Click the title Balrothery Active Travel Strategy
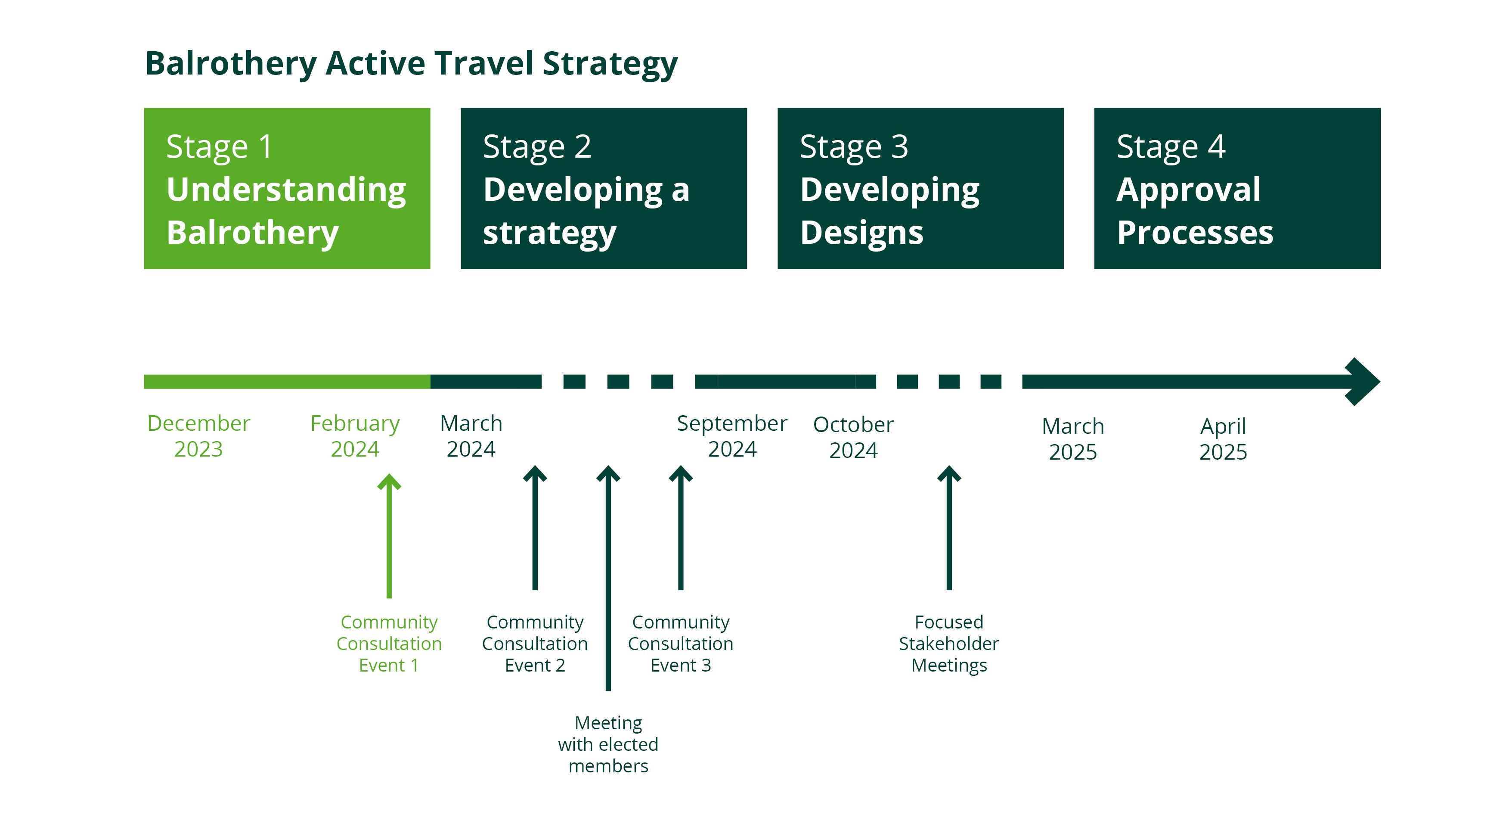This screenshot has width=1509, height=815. (x=411, y=63)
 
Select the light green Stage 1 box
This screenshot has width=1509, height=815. (x=287, y=188)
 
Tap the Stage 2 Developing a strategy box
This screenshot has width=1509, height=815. (x=603, y=188)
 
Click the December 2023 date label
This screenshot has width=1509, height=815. (x=198, y=436)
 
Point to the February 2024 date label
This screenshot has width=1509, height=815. (x=355, y=436)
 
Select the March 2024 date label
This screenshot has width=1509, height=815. (x=471, y=436)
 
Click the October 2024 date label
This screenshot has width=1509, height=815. (x=853, y=437)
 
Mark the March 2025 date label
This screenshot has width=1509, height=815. (x=1072, y=439)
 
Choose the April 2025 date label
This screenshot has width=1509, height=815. (x=1223, y=439)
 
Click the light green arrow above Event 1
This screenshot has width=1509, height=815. (x=389, y=536)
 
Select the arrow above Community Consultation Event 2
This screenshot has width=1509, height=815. (x=535, y=527)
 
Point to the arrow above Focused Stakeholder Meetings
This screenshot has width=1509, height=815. (x=949, y=527)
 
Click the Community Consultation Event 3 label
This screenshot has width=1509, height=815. (x=680, y=643)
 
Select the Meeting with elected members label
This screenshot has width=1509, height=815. (x=608, y=744)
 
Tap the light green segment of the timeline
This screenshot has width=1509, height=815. (x=287, y=381)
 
